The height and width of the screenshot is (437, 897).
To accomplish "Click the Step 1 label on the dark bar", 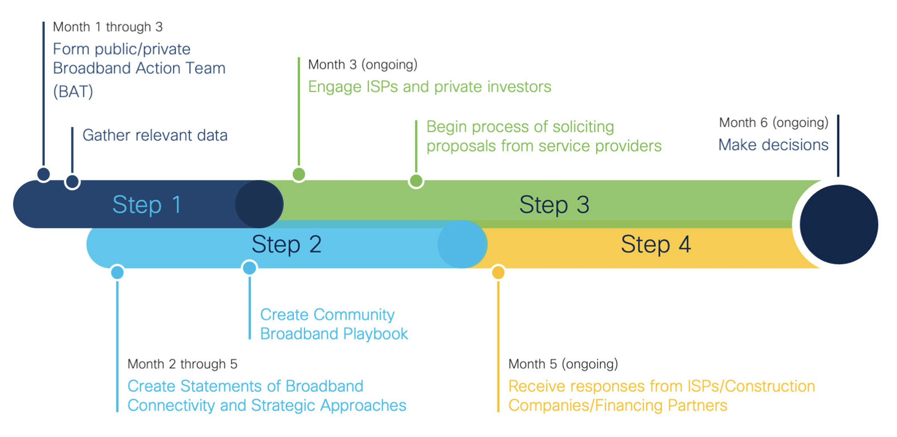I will pyautogui.click(x=147, y=205).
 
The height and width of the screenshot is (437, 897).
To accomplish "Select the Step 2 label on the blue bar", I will pyautogui.click(x=286, y=244).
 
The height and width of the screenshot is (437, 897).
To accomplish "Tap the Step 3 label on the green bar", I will pyautogui.click(x=554, y=205).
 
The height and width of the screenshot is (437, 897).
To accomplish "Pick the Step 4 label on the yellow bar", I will pyautogui.click(x=655, y=244).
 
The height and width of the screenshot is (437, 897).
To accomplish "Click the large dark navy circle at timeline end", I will pyautogui.click(x=838, y=224).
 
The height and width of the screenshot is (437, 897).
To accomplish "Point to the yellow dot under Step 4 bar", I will pyautogui.click(x=498, y=273).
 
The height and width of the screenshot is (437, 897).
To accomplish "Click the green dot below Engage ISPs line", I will pyautogui.click(x=299, y=174).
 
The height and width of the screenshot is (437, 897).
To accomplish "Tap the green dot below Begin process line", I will pyautogui.click(x=416, y=181).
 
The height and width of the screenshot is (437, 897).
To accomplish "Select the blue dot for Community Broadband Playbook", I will pyautogui.click(x=250, y=267).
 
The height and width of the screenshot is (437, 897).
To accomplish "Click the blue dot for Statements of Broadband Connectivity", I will pyautogui.click(x=117, y=273).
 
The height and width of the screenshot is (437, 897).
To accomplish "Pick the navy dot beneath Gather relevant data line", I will pyautogui.click(x=72, y=182).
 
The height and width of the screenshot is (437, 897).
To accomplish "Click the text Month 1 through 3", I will pyautogui.click(x=108, y=27).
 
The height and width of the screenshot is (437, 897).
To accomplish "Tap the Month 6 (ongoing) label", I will pyautogui.click(x=773, y=122).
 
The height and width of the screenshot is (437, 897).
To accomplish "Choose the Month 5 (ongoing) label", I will pyautogui.click(x=563, y=364).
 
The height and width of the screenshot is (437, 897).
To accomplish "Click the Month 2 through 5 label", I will pyautogui.click(x=182, y=364).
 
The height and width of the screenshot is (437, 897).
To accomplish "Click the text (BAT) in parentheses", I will pyautogui.click(x=73, y=92).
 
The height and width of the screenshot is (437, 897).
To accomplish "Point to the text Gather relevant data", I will pyautogui.click(x=155, y=135).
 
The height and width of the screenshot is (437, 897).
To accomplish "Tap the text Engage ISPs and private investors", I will pyautogui.click(x=429, y=87).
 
